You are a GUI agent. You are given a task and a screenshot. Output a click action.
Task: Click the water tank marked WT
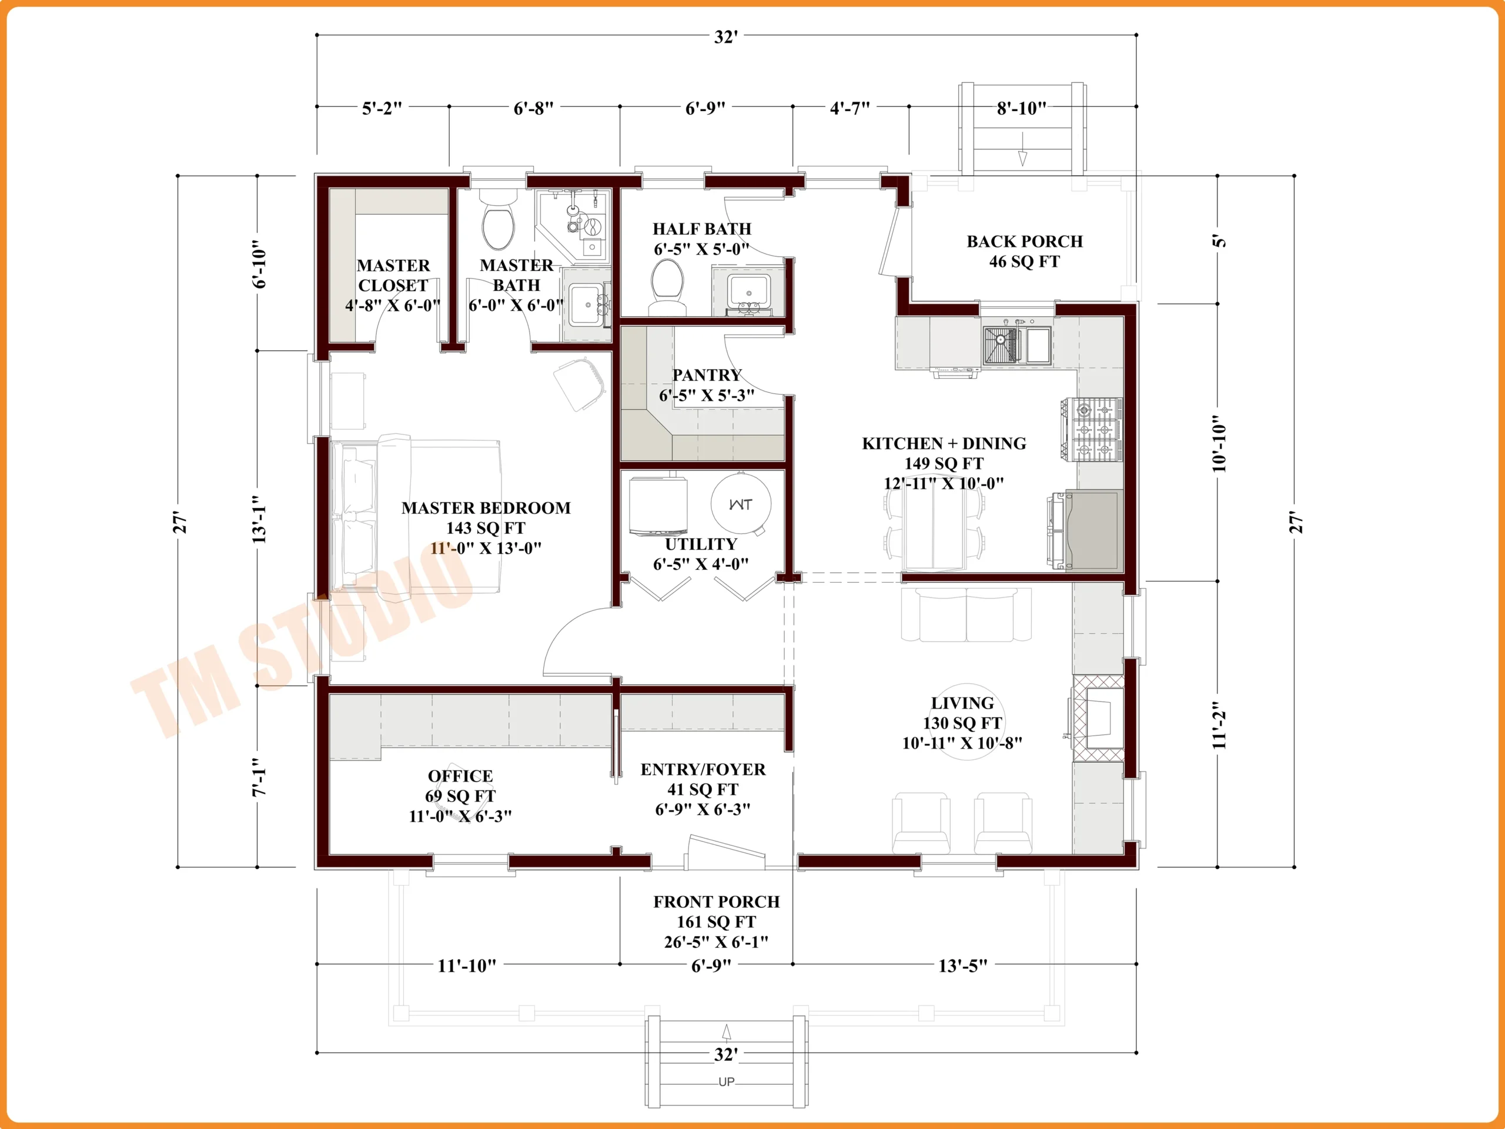(740, 503)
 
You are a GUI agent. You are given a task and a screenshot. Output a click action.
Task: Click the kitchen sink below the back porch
(1016, 345)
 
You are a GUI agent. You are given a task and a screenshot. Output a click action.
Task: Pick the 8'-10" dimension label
(1021, 108)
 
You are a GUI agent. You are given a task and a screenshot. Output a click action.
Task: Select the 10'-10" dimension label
(1219, 445)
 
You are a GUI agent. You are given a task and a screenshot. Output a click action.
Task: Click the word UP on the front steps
(726, 1081)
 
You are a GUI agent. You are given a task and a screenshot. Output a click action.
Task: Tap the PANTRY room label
(707, 375)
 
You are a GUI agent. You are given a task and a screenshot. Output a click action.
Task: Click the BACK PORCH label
(1025, 242)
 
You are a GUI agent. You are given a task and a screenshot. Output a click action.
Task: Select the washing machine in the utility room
(658, 505)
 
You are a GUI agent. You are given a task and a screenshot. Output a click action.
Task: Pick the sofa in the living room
(966, 614)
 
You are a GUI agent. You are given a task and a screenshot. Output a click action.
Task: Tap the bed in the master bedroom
(416, 519)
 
